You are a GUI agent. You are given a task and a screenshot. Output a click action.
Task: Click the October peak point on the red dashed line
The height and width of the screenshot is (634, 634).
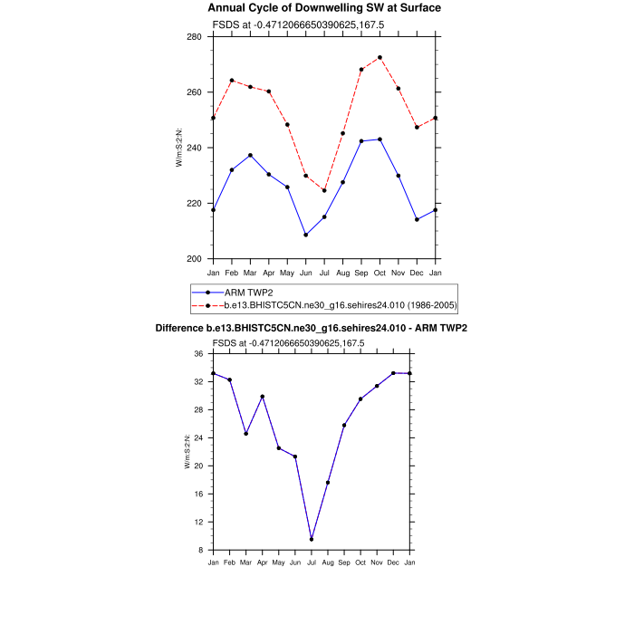379,57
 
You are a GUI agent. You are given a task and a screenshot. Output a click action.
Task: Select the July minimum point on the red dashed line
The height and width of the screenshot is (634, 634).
324,190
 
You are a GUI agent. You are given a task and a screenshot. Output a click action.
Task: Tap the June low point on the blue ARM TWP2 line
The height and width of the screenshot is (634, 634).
305,235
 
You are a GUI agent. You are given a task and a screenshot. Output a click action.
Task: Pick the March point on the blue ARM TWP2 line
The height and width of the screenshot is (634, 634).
250,155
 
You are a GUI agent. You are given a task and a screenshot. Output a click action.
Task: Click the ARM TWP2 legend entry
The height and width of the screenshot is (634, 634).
240,293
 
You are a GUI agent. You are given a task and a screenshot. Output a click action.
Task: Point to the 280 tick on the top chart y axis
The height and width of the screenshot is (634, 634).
194,37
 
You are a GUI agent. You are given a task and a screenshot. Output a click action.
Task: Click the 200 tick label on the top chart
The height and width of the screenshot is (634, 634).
194,259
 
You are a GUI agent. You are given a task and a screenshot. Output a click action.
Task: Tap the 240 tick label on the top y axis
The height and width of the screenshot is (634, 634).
194,148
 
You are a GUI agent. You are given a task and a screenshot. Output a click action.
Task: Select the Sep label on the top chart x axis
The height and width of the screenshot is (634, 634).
361,273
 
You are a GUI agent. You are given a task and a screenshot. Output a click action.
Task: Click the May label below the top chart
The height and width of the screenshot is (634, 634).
287,273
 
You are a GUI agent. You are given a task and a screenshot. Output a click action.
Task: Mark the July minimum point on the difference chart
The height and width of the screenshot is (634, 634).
312,539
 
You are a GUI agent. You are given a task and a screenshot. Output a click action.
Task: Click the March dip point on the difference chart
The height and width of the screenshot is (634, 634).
245,434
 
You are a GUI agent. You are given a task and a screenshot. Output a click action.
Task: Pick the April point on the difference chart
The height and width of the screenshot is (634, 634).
262,396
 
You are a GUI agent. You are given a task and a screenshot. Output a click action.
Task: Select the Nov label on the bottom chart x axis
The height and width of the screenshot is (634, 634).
377,563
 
